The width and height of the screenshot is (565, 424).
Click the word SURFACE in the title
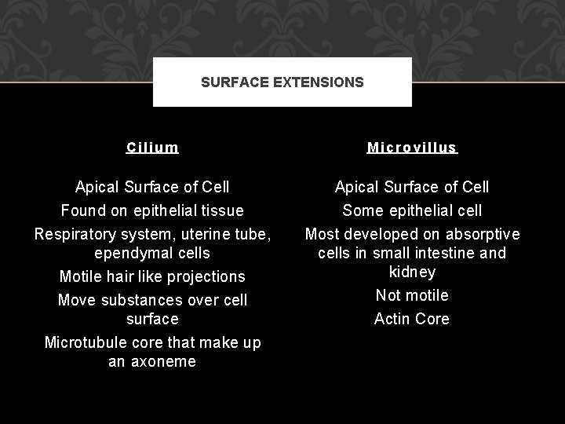point(229,82)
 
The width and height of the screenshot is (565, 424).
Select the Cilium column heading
point(152,147)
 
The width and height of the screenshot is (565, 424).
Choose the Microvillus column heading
point(412,147)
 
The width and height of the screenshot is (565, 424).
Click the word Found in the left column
point(83,210)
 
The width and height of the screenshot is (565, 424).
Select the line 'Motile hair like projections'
point(152,276)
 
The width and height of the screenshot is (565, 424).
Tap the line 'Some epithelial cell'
point(412,210)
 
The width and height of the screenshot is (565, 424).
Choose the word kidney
point(412,272)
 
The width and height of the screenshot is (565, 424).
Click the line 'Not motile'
point(412,295)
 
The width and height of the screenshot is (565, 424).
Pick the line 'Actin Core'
point(412,319)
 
